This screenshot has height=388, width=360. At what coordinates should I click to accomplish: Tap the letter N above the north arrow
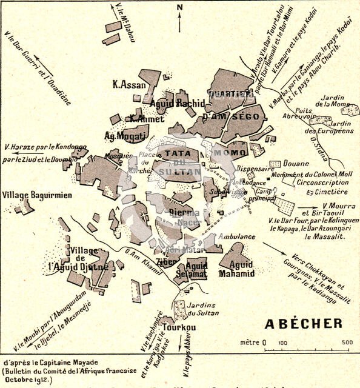179,7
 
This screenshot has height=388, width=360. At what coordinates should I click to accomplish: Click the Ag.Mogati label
126,136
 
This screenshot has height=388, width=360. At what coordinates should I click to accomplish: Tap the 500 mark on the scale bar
347,343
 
